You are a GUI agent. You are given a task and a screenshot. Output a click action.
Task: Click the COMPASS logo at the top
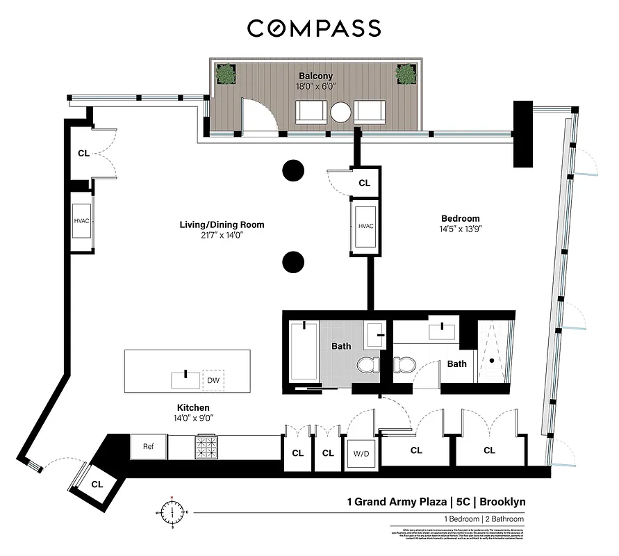tap(314, 28)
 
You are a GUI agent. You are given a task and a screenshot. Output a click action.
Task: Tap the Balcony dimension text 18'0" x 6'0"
tap(315, 88)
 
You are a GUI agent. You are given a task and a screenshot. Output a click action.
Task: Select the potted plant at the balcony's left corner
tap(225, 73)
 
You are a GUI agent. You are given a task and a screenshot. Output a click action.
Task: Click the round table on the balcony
tap(341, 113)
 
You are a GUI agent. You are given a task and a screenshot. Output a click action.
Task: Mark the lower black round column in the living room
tap(293, 262)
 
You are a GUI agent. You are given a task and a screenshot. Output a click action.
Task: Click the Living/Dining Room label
tap(213, 224)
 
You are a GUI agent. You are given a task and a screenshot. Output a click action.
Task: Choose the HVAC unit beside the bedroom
tap(366, 227)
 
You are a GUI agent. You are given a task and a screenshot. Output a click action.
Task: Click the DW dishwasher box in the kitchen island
tap(213, 381)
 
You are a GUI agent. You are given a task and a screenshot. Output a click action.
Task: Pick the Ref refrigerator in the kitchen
tap(148, 446)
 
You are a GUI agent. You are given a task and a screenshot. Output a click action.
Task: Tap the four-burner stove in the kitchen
tap(207, 447)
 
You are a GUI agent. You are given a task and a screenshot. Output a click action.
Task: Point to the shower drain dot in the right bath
tap(492, 360)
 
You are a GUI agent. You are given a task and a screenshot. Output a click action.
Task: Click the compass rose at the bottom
tap(170, 514)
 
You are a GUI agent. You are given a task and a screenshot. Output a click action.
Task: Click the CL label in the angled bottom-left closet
tap(96, 484)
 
